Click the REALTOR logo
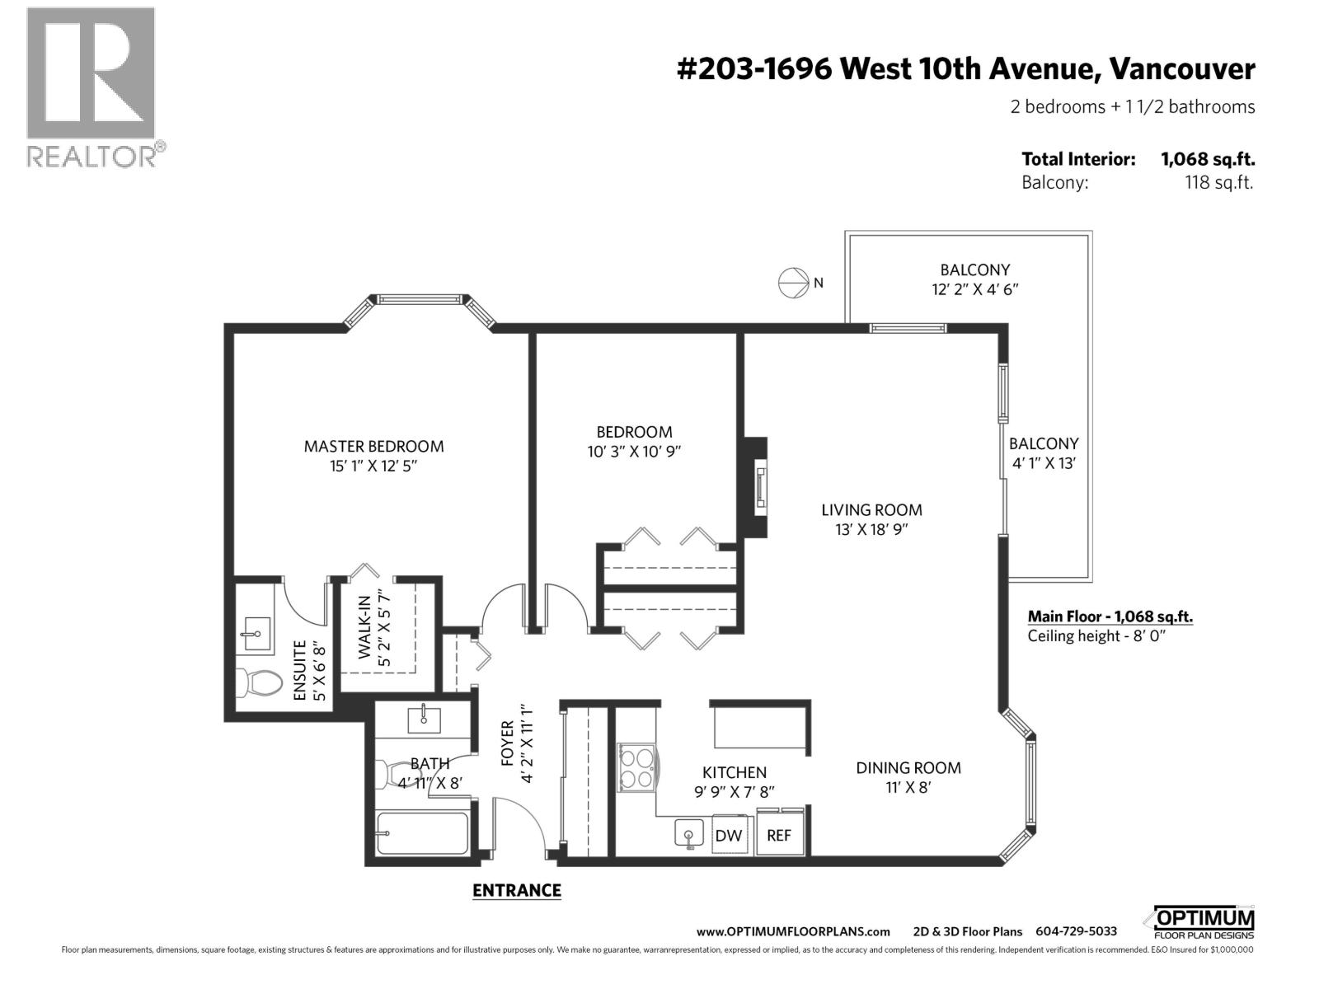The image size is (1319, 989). pyautogui.click(x=91, y=87)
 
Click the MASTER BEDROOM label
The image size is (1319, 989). pyautogui.click(x=373, y=446)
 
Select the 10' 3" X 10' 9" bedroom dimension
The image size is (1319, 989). pyautogui.click(x=634, y=452)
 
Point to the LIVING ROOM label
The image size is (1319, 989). pyautogui.click(x=871, y=510)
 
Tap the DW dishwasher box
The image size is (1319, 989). pyautogui.click(x=728, y=835)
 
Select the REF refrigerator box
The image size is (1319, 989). pyautogui.click(x=779, y=835)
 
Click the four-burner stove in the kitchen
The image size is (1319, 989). pyautogui.click(x=636, y=767)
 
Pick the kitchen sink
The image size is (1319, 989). pyautogui.click(x=689, y=834)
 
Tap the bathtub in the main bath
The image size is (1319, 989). pyautogui.click(x=422, y=833)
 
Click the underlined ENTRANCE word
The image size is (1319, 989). pyautogui.click(x=516, y=890)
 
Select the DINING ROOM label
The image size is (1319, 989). pyautogui.click(x=908, y=767)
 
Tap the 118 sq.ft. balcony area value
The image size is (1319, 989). pyautogui.click(x=1218, y=183)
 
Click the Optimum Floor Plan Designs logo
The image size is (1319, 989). pyautogui.click(x=1204, y=922)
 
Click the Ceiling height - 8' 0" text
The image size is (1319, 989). pyautogui.click(x=1097, y=635)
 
